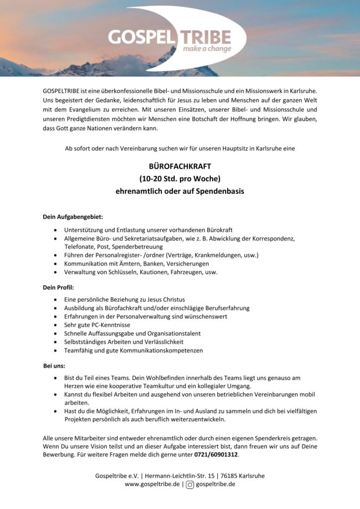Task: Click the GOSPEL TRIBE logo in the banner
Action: point(169,38)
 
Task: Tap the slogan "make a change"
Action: point(207,49)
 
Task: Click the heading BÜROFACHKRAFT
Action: point(180,166)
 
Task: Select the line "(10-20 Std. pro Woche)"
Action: point(180,178)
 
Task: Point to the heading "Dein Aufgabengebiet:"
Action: point(73,217)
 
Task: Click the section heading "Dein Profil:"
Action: point(58,287)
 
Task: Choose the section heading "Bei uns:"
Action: point(54,366)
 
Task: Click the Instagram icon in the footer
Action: point(190,484)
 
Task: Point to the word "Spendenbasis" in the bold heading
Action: point(223,191)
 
